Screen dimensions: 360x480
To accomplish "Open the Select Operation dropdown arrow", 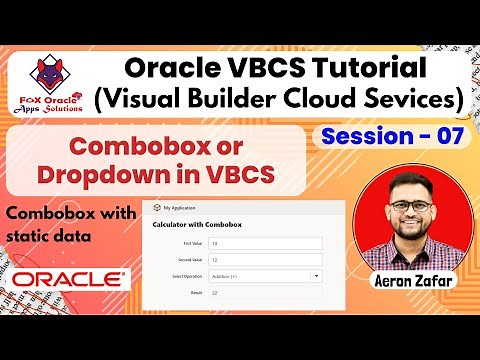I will pos(317,276).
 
